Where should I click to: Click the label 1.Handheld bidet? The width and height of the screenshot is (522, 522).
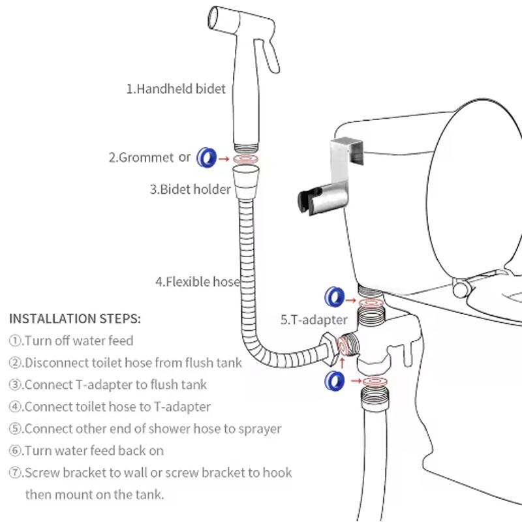[x=176, y=88]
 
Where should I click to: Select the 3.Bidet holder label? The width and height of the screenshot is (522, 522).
[x=190, y=190]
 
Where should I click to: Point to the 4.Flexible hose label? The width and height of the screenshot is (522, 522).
[x=197, y=282]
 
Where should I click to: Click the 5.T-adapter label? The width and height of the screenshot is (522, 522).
[x=314, y=320]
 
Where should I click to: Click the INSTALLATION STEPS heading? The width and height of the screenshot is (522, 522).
[x=74, y=319]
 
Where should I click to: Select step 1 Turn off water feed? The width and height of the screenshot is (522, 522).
[x=71, y=341]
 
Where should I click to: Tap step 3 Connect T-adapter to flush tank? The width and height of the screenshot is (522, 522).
[x=108, y=384]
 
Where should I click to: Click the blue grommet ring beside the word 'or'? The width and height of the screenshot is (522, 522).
[x=207, y=157]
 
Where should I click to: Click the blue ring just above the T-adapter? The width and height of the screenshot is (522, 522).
[x=334, y=298]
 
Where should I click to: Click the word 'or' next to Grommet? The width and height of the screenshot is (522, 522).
[x=185, y=157]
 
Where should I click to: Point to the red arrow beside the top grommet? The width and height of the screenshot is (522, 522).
[x=224, y=158]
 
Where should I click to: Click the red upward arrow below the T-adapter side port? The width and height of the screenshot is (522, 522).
[x=340, y=359]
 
